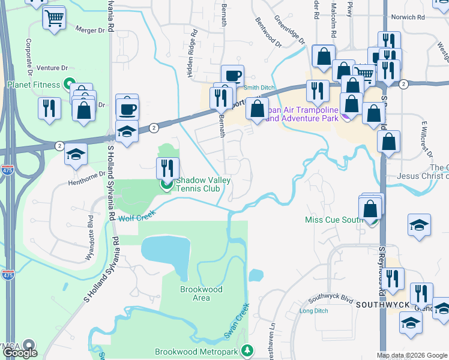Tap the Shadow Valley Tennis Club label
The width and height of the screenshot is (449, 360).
coord(196,184)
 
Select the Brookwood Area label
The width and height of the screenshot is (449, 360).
coord(202,293)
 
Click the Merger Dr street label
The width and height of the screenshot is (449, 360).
coord(90,29)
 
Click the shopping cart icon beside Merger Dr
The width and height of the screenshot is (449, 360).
coord(54,19)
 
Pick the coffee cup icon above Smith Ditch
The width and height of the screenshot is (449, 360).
coord(232,75)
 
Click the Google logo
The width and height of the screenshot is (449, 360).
coord(20,353)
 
